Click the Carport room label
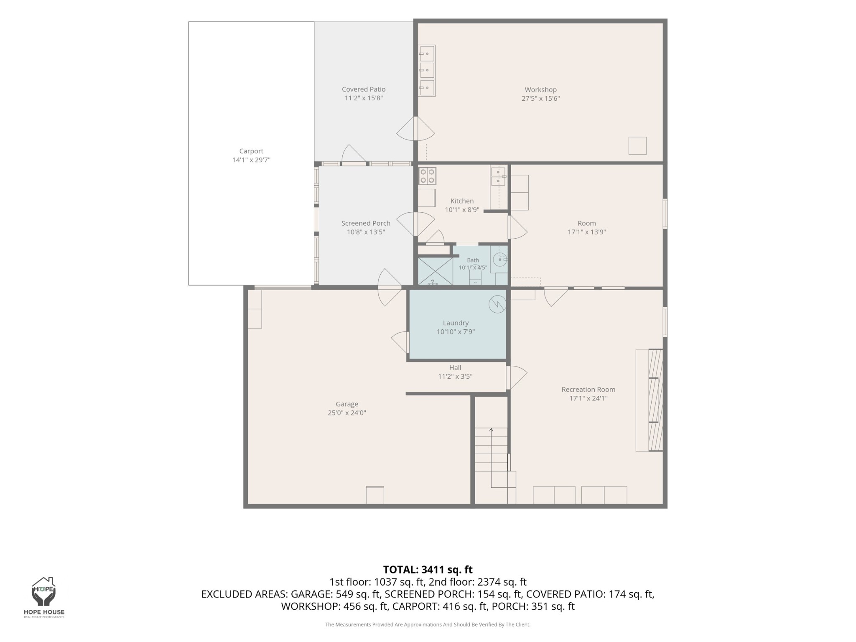tap(251, 151)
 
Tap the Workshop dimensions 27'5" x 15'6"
tap(540, 99)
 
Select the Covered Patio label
tap(364, 89)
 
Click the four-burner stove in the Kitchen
tap(427, 176)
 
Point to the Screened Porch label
tap(366, 223)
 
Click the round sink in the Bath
tap(500, 260)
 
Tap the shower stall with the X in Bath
tap(436, 271)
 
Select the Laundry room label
tap(456, 323)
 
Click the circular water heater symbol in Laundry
tap(497, 304)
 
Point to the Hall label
tap(455, 367)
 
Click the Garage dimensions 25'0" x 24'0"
tap(347, 413)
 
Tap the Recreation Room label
tap(588, 390)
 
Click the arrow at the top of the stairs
tap(492, 430)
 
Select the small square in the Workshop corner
tap(637, 146)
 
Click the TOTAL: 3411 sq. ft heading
tap(428, 570)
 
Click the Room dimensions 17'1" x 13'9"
tap(586, 232)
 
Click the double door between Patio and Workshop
tap(415, 129)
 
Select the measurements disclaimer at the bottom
tap(428, 624)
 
